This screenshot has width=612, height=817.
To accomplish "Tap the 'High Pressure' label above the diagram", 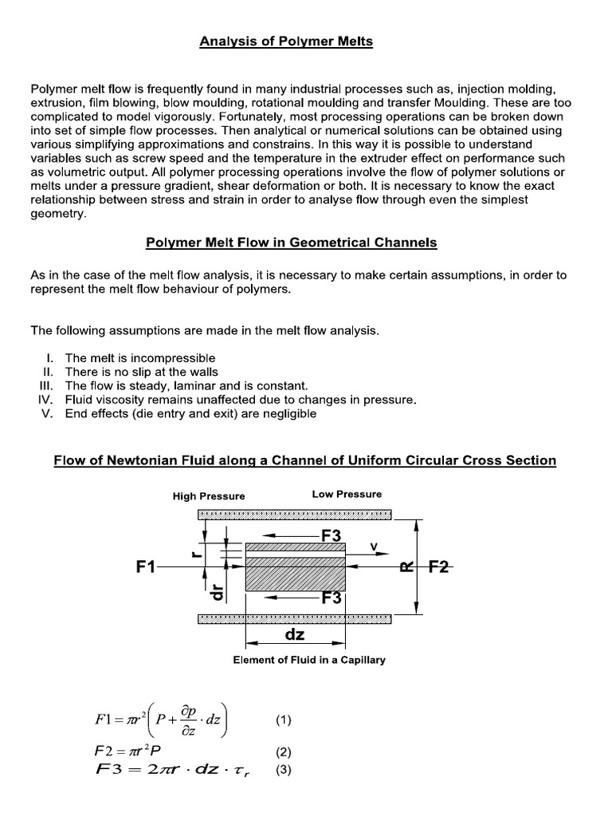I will pos(209,495).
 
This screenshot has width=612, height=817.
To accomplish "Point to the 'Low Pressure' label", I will pos(347,494).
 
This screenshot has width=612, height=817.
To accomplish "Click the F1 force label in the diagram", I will pos(145,567).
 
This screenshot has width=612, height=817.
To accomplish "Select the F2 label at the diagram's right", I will pos(439,567).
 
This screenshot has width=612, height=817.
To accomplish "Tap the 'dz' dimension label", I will pos(295,635).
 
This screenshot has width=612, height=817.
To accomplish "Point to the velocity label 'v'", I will pos(374,547).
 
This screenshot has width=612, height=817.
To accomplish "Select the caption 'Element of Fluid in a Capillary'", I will pos(309,660).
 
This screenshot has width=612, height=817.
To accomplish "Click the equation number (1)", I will pos(284,720).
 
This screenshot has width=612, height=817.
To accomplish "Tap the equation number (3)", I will pos(284,770).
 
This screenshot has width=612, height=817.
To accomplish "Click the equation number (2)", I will pos(284,752).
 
